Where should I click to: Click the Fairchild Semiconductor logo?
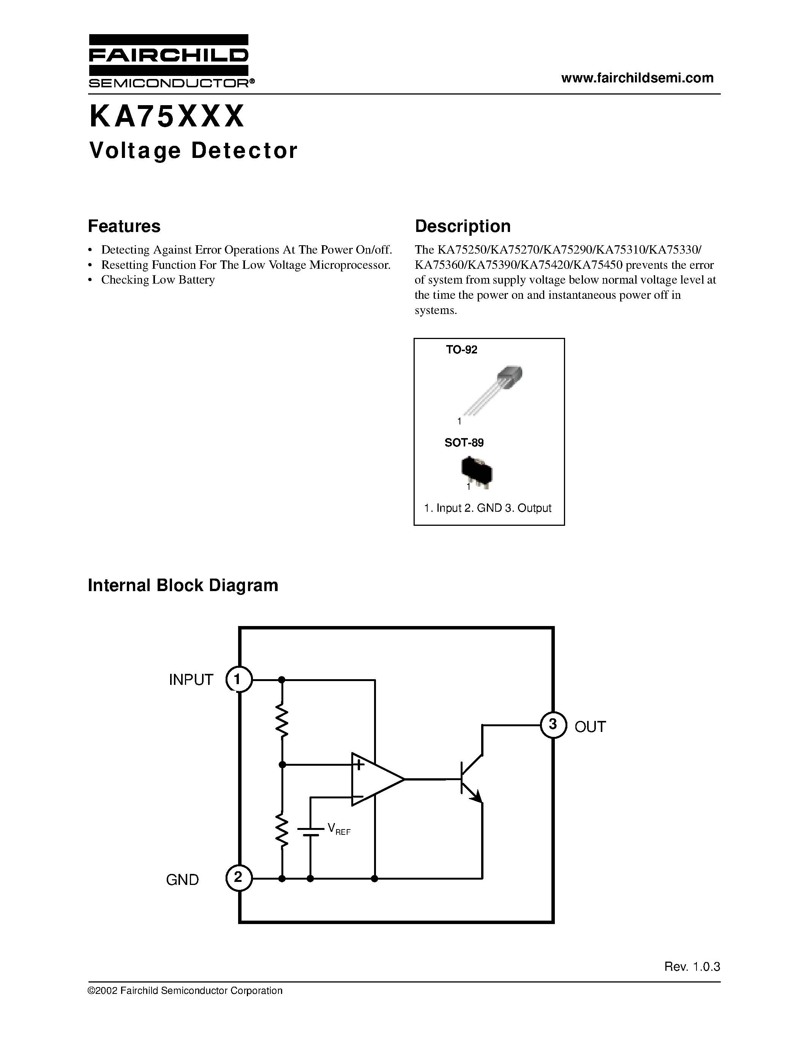click(x=169, y=61)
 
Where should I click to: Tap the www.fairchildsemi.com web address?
click(x=637, y=78)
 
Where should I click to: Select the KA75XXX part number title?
click(x=167, y=117)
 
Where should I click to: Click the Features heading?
click(x=124, y=226)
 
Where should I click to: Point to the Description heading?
click(x=462, y=226)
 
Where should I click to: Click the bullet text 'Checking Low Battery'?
click(x=158, y=280)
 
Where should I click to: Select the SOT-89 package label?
click(x=464, y=443)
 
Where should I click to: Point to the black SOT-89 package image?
click(x=477, y=472)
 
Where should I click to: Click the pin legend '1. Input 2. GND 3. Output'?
click(x=488, y=508)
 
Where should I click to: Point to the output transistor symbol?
click(x=471, y=779)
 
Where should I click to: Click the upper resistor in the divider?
click(x=282, y=722)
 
